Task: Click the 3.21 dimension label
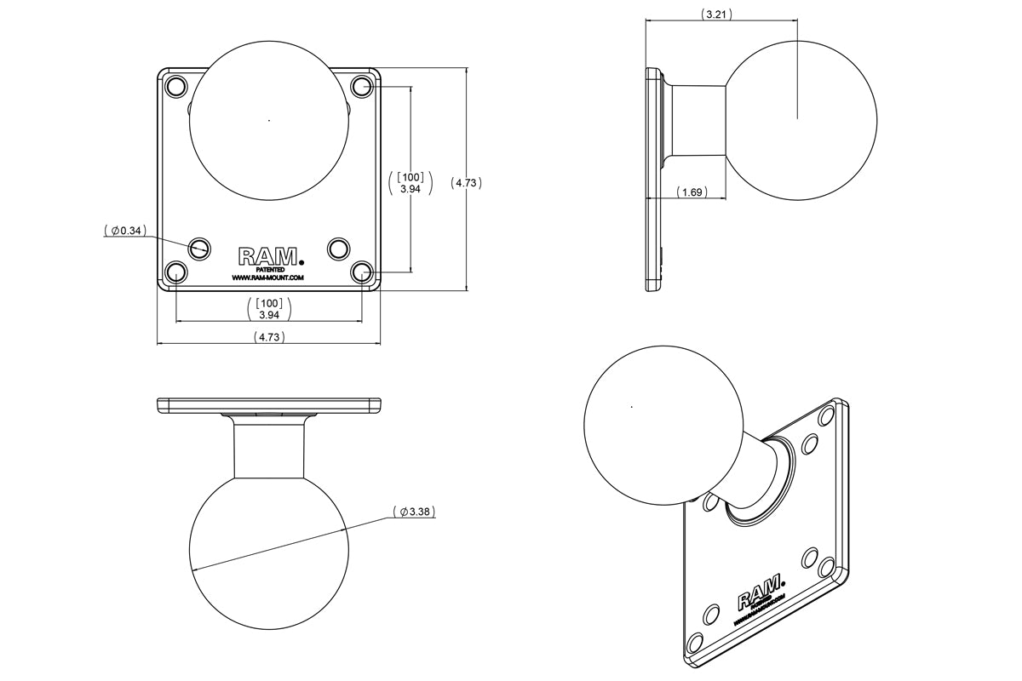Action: pos(716,14)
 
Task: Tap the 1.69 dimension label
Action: pos(693,193)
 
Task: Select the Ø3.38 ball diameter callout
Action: pos(416,512)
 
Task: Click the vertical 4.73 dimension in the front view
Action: pos(467,182)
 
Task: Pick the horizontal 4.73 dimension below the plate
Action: pos(269,337)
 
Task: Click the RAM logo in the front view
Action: pos(268,256)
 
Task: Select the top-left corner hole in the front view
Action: pos(175,86)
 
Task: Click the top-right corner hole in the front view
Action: pos(363,86)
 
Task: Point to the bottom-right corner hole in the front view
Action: pos(363,272)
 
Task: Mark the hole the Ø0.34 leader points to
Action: pos(200,248)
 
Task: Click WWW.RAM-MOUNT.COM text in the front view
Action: pos(267,278)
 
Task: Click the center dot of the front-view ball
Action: pos(269,120)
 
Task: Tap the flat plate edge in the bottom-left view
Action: pos(269,405)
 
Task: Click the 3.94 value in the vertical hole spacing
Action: pos(411,188)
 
